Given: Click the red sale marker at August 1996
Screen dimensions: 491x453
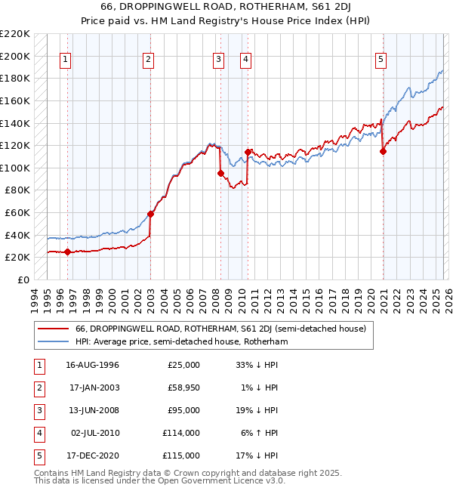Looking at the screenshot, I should click(x=68, y=252).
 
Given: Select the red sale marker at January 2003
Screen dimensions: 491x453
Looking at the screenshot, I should click(x=150, y=214).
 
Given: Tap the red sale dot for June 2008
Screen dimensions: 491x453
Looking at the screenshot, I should click(x=220, y=173).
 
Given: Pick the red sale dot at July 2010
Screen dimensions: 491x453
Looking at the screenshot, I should click(x=248, y=152).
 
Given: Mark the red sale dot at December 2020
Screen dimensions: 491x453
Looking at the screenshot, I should click(x=383, y=151).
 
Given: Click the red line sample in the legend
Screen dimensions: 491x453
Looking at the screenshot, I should click(x=53, y=329).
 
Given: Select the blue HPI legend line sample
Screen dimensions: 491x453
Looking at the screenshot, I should click(x=53, y=341).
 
